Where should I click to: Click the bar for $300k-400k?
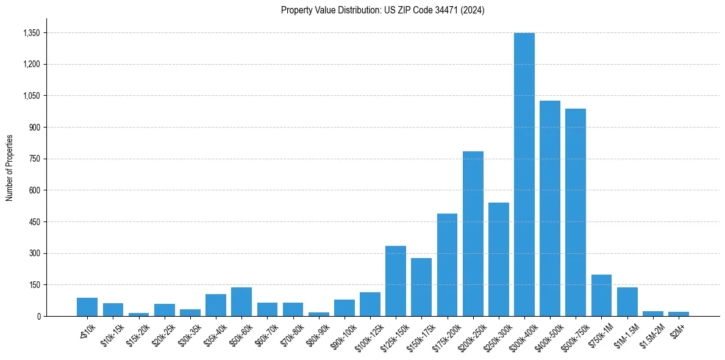pyautogui.click(x=524, y=175)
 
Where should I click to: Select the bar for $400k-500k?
pyautogui.click(x=550, y=209)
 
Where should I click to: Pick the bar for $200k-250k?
pyautogui.click(x=473, y=234)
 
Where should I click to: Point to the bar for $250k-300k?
pyautogui.click(x=499, y=259)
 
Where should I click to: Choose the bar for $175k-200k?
pyautogui.click(x=447, y=265)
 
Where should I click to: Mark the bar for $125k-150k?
pyautogui.click(x=396, y=281)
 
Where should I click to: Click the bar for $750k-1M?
pyautogui.click(x=601, y=295)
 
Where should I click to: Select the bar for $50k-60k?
pyautogui.click(x=241, y=301)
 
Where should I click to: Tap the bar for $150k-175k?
pyautogui.click(x=421, y=287)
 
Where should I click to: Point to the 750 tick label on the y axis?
pyautogui.click(x=35, y=159)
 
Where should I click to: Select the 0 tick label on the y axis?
pyautogui.click(x=39, y=317)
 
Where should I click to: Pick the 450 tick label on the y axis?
pyautogui.click(x=35, y=222)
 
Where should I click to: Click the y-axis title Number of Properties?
pyautogui.click(x=10, y=168)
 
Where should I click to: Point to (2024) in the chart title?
pyautogui.click(x=474, y=10)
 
